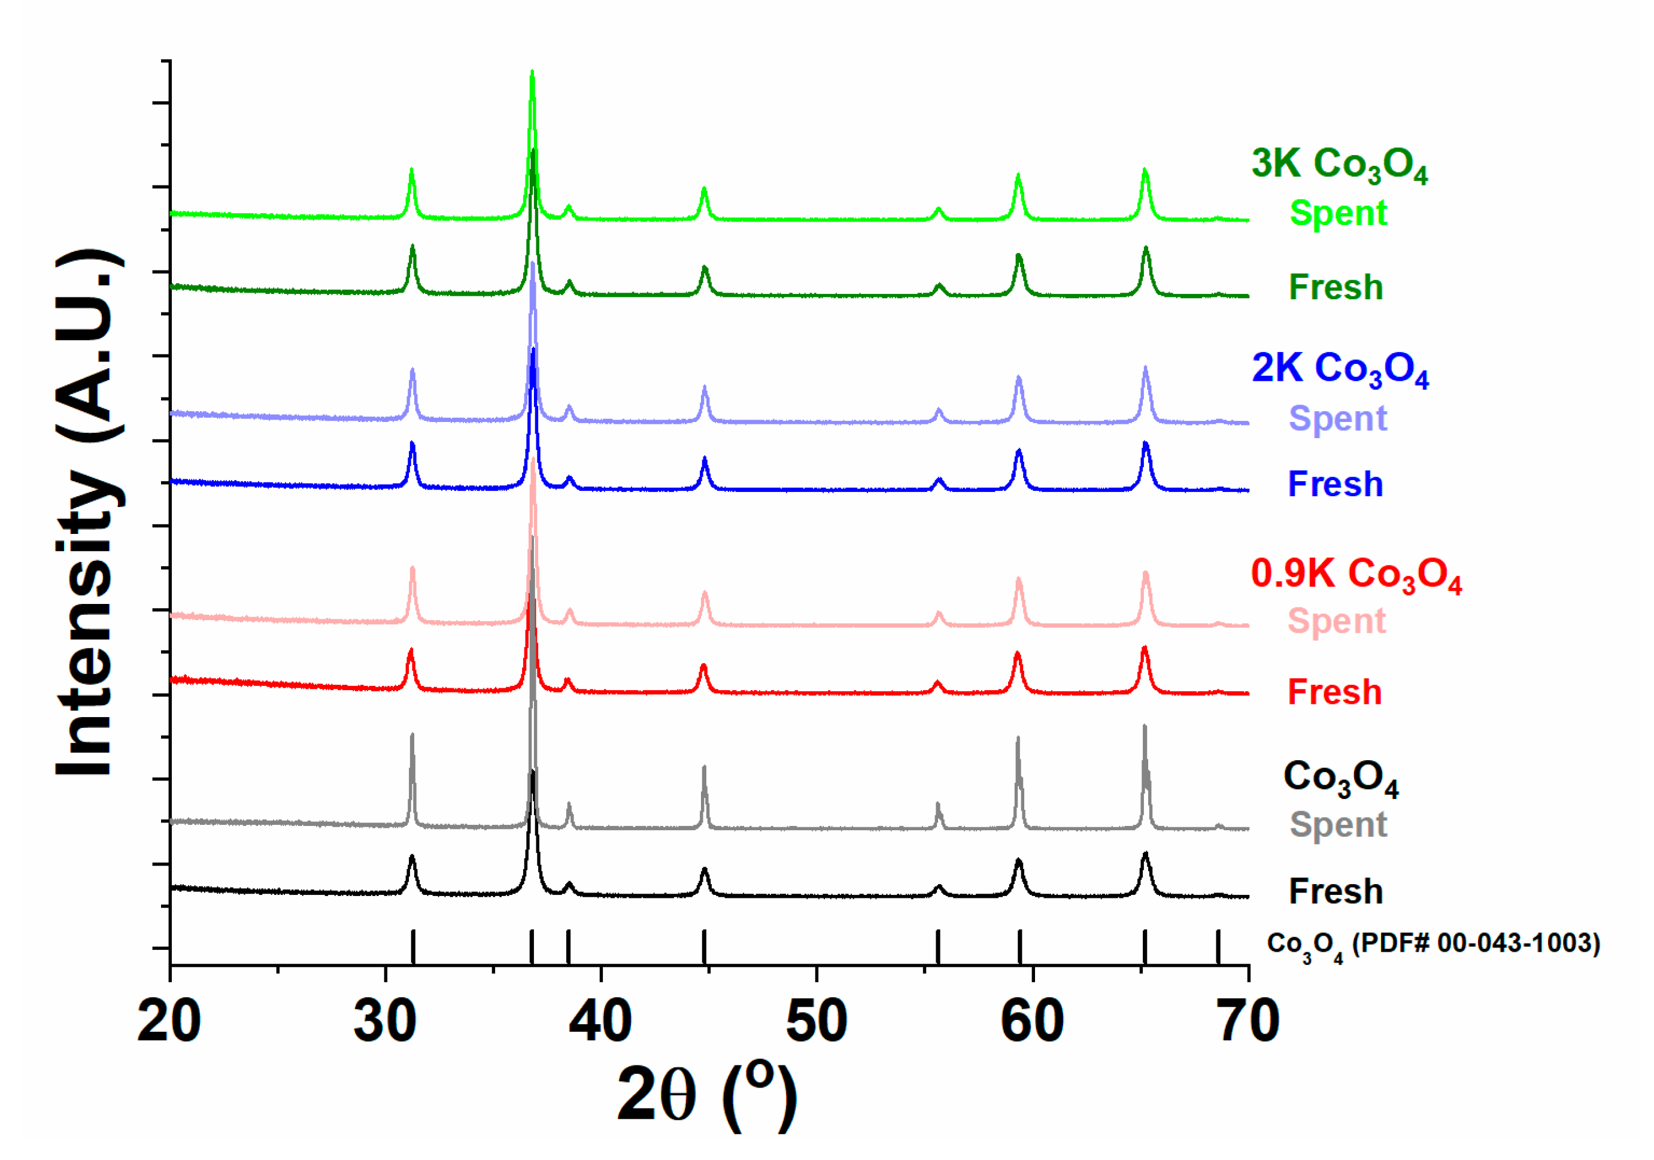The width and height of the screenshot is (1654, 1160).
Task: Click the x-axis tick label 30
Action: tap(385, 1022)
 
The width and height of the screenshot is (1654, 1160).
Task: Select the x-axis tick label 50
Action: tap(816, 1022)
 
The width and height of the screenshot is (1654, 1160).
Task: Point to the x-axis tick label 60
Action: tap(1031, 1022)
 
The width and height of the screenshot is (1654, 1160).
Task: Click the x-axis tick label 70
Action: tap(1248, 1022)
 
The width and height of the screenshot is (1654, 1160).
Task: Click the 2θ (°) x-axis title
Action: tap(707, 1096)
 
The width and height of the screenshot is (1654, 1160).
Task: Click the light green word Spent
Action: tap(1338, 213)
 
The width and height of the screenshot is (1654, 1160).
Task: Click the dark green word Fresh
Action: tap(1336, 287)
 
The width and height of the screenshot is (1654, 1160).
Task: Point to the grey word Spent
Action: tap(1338, 825)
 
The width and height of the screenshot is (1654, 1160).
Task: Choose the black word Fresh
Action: tap(1336, 892)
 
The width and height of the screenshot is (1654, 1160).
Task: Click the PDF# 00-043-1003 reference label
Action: tap(1433, 945)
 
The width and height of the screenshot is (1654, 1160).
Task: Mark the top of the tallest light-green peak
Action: tap(532, 72)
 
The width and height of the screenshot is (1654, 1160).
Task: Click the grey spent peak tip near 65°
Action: tap(1144, 726)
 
